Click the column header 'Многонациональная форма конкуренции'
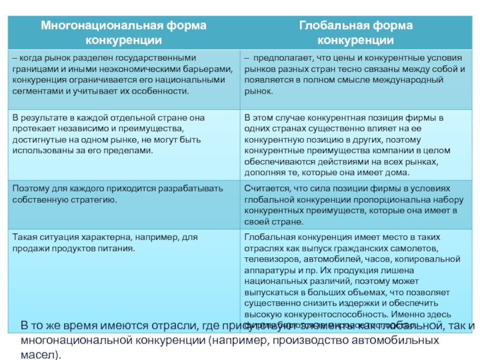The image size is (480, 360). pyautogui.click(x=124, y=33)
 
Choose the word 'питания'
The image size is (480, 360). pyautogui.click(x=118, y=247)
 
